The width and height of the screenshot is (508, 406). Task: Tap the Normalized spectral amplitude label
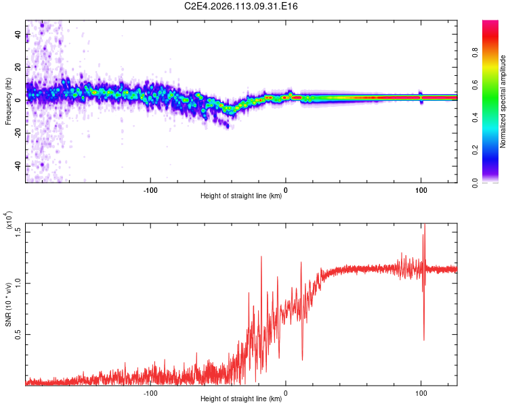(503, 101)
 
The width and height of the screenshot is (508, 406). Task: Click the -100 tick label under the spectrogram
(150, 189)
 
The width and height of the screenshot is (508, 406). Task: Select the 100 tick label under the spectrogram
(421, 189)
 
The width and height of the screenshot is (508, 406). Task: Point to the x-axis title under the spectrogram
(241, 196)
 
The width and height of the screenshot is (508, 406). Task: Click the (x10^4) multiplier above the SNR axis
(9, 221)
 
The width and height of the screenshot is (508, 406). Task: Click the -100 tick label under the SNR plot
(150, 392)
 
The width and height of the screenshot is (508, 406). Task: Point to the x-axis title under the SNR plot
(241, 399)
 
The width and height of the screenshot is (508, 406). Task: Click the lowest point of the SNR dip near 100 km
(424, 340)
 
